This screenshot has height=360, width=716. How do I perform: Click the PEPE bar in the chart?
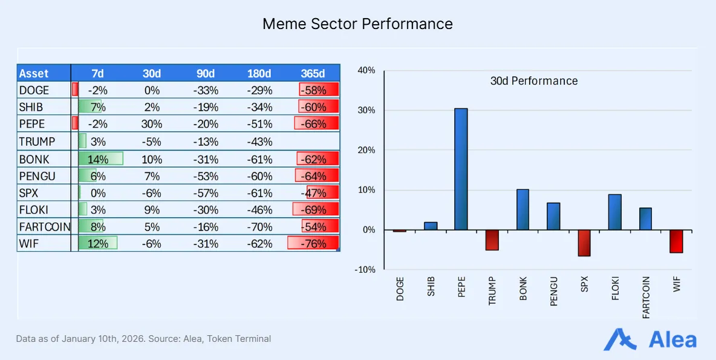461,169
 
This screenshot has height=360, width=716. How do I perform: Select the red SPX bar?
584,243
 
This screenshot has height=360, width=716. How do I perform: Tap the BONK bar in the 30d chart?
522,209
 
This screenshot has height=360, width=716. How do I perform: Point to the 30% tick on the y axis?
366,110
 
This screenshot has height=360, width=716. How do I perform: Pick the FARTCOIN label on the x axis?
646,298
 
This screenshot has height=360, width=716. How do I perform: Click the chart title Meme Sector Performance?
357,24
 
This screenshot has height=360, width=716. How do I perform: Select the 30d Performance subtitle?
533,81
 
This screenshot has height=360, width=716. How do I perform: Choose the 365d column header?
313,73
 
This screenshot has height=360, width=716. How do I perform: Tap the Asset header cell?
34,73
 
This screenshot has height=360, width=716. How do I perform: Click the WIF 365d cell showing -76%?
313,244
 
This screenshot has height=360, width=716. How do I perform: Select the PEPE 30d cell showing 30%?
151,124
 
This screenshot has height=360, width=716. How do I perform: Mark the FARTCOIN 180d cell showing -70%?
259,227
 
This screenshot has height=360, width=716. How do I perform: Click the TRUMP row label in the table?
37,142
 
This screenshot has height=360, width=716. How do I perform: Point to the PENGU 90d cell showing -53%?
206,176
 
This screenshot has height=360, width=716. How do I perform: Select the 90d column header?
206,73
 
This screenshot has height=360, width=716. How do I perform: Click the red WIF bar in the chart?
676,241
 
